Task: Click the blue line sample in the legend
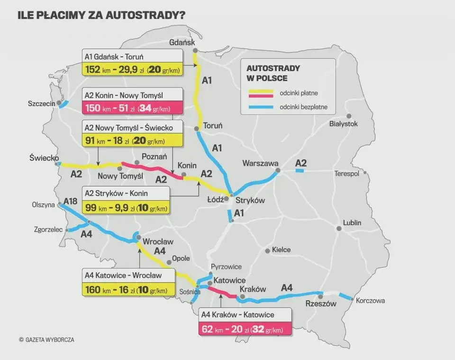[x=260, y=107]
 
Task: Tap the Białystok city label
[x=343, y=124]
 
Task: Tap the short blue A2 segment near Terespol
[x=300, y=171]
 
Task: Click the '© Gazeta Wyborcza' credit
[x=46, y=340]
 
